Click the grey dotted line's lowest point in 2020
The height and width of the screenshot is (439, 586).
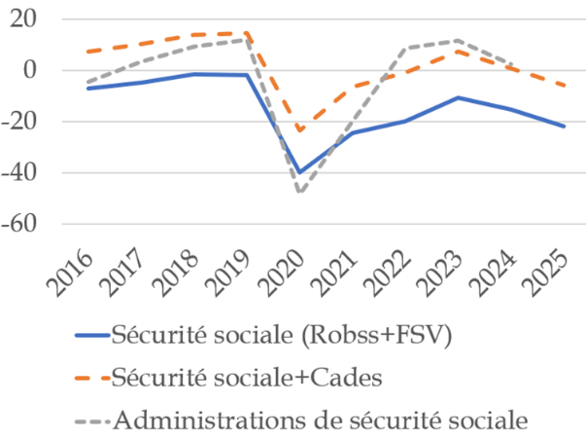[x=299, y=192]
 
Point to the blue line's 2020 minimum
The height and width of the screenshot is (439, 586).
[x=299, y=172]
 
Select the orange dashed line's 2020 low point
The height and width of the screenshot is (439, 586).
[x=299, y=130]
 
